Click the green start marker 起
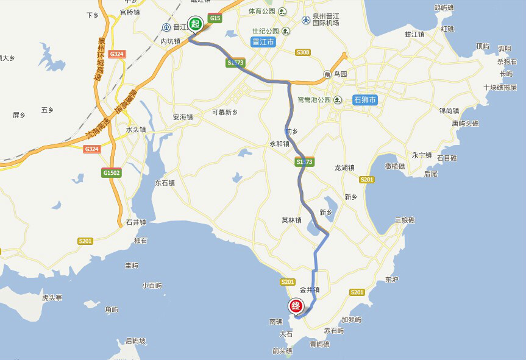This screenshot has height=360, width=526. [195, 24]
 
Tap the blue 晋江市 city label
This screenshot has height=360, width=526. [263, 42]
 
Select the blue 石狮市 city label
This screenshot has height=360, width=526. [365, 100]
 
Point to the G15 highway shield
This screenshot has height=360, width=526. [215, 19]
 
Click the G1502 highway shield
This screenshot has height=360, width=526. [112, 173]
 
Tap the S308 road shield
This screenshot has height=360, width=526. [302, 52]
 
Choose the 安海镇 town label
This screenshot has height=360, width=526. [182, 117]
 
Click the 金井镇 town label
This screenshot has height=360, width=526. [310, 290]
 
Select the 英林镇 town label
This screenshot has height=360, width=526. [291, 221]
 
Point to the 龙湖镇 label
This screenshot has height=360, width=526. [344, 168]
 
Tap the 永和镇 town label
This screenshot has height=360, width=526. [279, 144]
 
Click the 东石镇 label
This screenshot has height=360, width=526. [165, 182]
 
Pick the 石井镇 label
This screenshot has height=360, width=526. [136, 222]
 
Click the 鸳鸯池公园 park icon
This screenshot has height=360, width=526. [335, 99]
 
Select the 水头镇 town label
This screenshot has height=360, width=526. [136, 130]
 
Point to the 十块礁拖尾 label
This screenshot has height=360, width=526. [500, 88]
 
